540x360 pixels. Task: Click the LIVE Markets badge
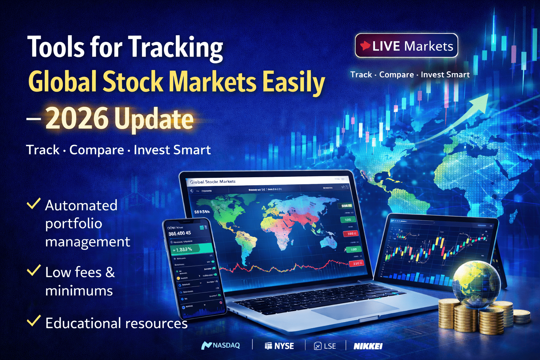406,46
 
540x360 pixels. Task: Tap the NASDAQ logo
221,346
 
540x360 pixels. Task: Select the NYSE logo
279,346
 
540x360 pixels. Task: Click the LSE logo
325,346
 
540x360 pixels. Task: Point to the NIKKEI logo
368,346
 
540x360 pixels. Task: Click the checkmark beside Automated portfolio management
33,204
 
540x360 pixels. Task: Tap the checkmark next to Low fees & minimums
33,270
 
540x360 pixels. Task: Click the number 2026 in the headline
77,119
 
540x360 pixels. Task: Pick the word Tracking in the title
175,47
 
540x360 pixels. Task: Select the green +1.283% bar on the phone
192,249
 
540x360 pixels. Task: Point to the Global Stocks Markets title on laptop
213,182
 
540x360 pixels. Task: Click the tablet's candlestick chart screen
436,250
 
